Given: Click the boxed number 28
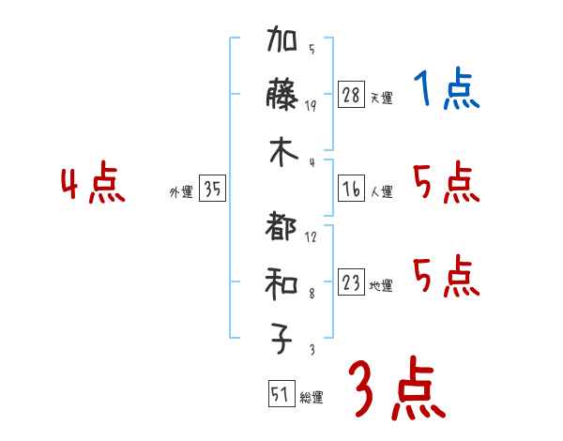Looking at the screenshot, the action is [x=351, y=94].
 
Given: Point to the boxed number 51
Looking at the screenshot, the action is [x=280, y=395].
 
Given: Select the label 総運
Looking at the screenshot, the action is [x=311, y=398].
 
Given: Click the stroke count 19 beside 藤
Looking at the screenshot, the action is [x=311, y=105].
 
